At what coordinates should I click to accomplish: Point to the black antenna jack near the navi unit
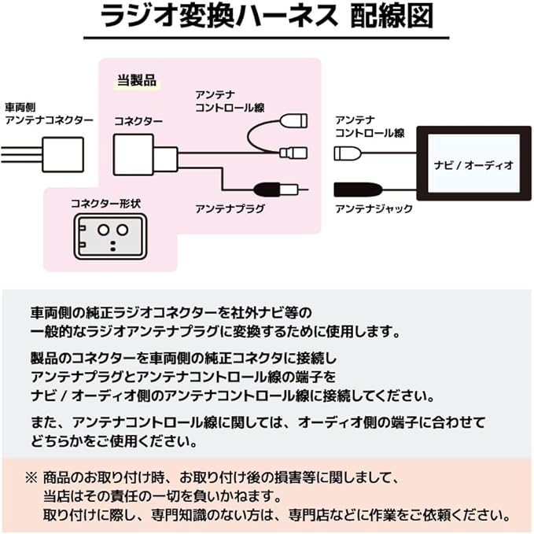[359, 189]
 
